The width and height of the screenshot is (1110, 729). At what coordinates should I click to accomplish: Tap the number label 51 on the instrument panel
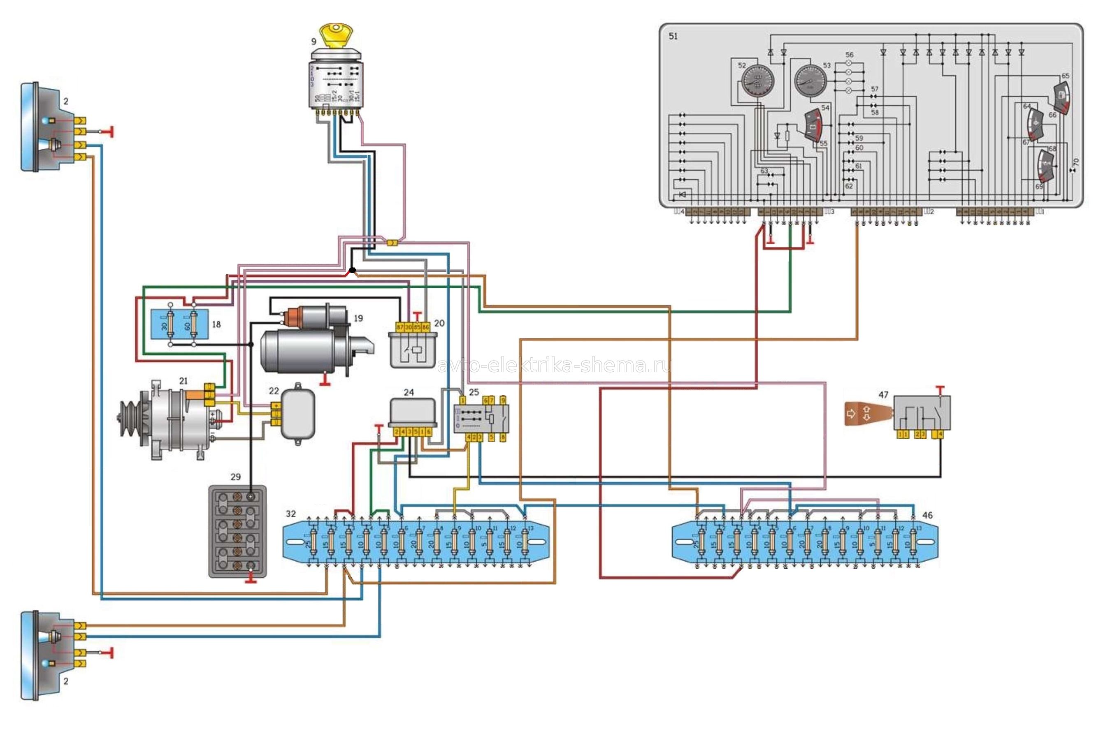tap(673, 36)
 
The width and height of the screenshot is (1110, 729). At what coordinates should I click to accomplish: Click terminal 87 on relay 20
tap(400, 328)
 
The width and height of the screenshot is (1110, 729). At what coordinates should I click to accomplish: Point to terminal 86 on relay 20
tap(426, 328)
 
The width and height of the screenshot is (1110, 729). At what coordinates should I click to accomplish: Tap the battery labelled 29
tap(237, 532)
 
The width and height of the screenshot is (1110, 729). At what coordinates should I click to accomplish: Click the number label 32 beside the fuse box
tap(290, 514)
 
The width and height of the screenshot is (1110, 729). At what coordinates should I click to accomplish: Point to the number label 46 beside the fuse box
tap(928, 515)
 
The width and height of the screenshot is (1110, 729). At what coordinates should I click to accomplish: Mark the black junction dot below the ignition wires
tap(353, 270)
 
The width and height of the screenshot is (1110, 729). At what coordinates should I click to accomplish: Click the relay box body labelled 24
tap(413, 412)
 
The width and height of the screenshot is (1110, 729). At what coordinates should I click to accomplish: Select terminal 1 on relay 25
tap(462, 400)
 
